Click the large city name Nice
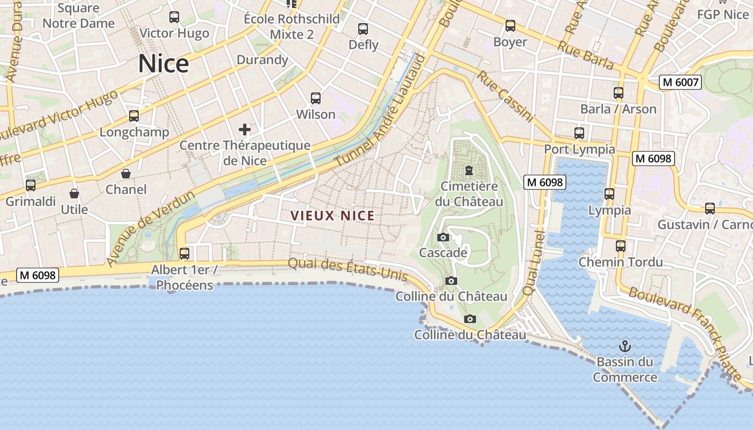coord(164,63)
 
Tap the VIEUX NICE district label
coord(332,216)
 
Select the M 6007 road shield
coord(681,82)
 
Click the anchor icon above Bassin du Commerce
coord(624,346)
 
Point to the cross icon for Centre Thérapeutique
coord(245,129)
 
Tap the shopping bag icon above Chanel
coord(126,174)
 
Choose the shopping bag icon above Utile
coord(74,193)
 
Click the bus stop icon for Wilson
coord(316,98)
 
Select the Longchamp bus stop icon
coord(134,116)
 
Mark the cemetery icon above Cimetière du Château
coord(469,171)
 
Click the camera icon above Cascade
coord(443,237)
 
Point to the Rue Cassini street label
coord(505,97)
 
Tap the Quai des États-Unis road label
coord(347,269)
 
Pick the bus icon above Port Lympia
coord(579,133)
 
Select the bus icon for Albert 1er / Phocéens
coord(184,253)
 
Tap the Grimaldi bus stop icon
coord(31,185)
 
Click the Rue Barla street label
coord(585,55)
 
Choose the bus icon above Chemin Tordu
coord(621,246)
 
